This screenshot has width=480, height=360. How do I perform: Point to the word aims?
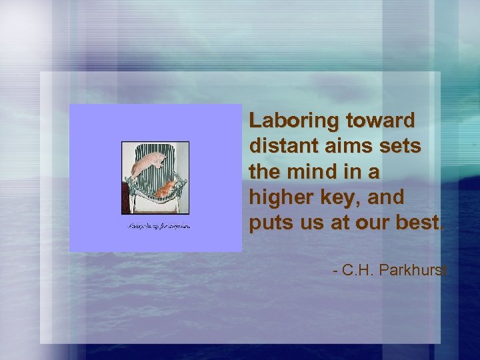coord(345,147)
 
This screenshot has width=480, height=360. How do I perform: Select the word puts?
coord(269,223)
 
